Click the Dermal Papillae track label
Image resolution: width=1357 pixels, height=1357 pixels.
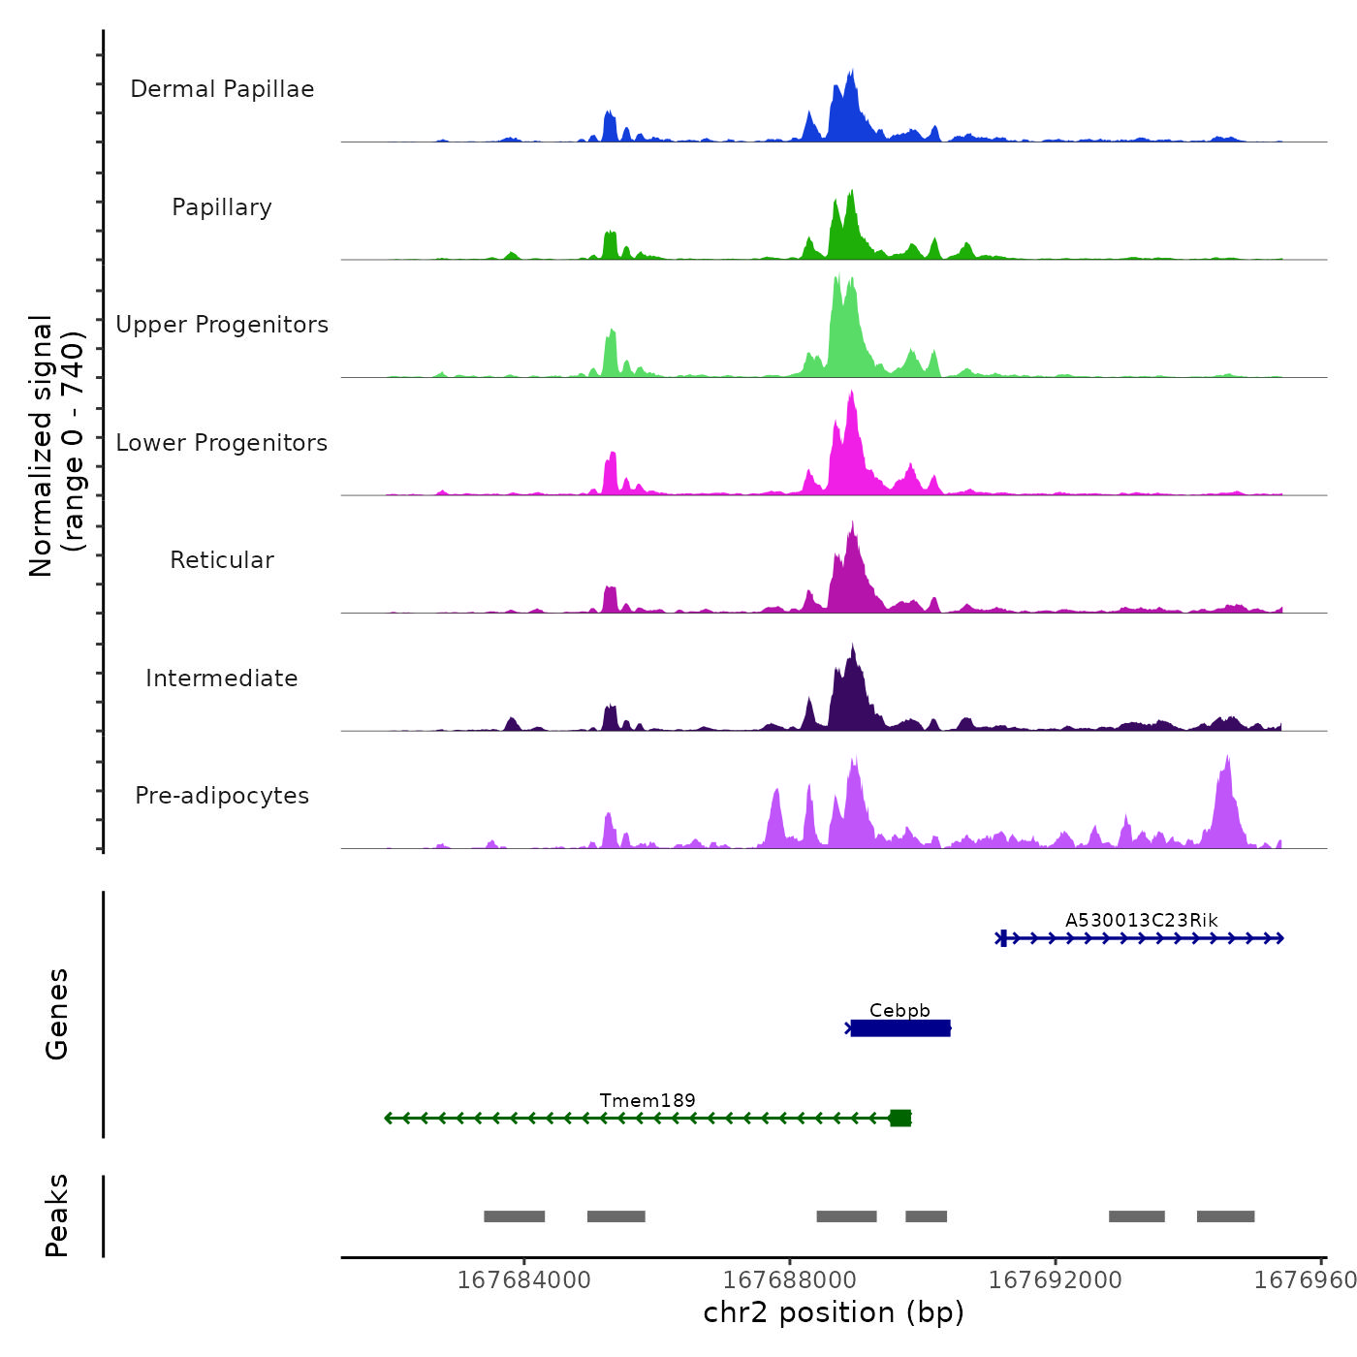[x=222, y=89]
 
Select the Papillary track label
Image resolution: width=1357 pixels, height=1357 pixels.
[x=222, y=207]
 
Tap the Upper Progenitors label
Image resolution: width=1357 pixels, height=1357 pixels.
[x=222, y=325]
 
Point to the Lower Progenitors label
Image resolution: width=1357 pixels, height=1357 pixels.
[x=222, y=443]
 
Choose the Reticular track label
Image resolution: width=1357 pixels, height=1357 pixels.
[x=222, y=560]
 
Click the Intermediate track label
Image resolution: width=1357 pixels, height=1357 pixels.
[x=222, y=678]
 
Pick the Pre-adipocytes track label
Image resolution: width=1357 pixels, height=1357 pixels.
[x=222, y=796]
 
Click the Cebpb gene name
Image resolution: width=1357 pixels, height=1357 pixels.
[x=899, y=1010]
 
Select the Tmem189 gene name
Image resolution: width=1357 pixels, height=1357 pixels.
[x=647, y=1100]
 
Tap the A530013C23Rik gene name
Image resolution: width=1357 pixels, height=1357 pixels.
[x=1141, y=920]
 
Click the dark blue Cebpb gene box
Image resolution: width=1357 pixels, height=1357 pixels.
[x=900, y=1028]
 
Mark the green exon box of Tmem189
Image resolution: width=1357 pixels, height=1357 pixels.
[x=900, y=1119]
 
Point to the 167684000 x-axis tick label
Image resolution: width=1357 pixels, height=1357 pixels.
[x=523, y=1280]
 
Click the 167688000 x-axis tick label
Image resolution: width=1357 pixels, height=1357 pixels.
[x=790, y=1280]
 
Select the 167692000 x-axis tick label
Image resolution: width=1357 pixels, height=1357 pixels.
[x=1056, y=1280]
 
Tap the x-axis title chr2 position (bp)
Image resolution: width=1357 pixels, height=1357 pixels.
[x=834, y=1312]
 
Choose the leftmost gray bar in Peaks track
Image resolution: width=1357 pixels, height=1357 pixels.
[x=514, y=1216]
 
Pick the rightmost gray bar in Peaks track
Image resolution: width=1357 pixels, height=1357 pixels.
[x=1225, y=1216]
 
